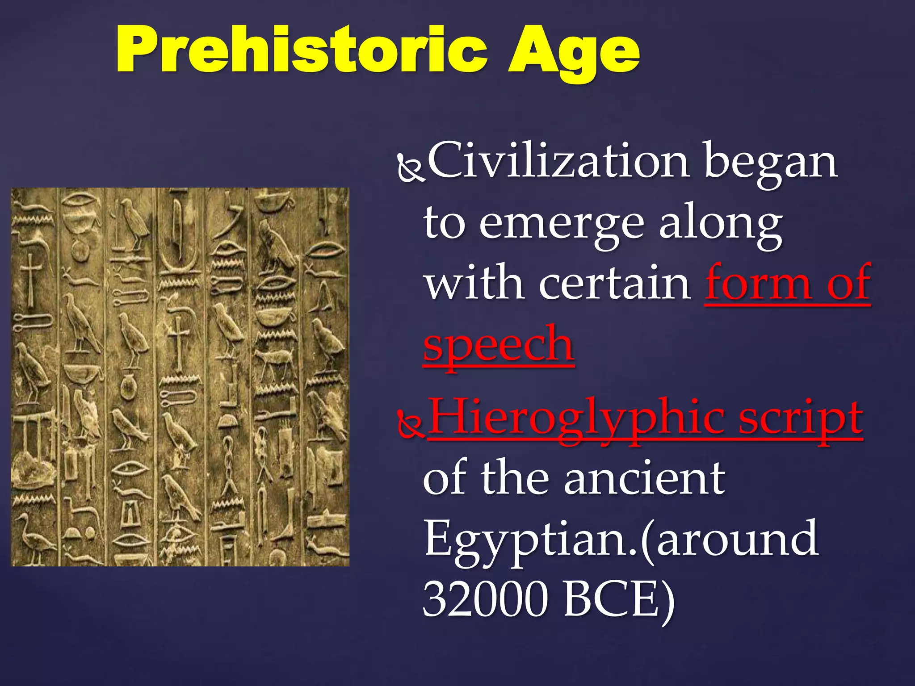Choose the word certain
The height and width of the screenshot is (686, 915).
614,283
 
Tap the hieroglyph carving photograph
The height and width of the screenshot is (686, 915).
180,376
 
